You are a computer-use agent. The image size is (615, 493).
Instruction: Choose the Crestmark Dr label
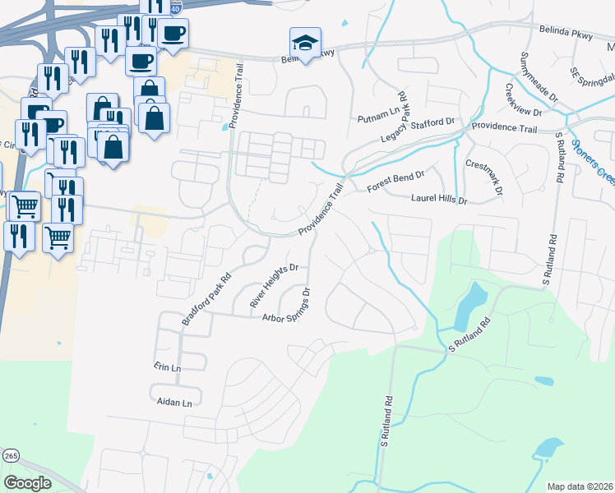pyautogui.click(x=483, y=176)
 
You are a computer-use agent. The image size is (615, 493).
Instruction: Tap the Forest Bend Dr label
pyautogui.click(x=395, y=182)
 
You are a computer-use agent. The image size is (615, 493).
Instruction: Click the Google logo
pyautogui.click(x=27, y=483)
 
